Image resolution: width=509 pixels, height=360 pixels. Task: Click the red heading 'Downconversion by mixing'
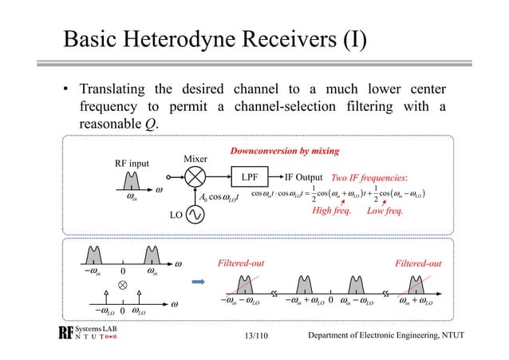[x=285, y=150]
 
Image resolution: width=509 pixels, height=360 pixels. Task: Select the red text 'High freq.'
[x=333, y=212]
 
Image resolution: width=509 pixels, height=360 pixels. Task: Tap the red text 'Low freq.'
[x=385, y=212]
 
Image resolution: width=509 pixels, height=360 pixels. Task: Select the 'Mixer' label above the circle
[x=195, y=160]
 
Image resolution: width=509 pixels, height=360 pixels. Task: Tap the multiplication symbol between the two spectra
[x=123, y=283]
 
